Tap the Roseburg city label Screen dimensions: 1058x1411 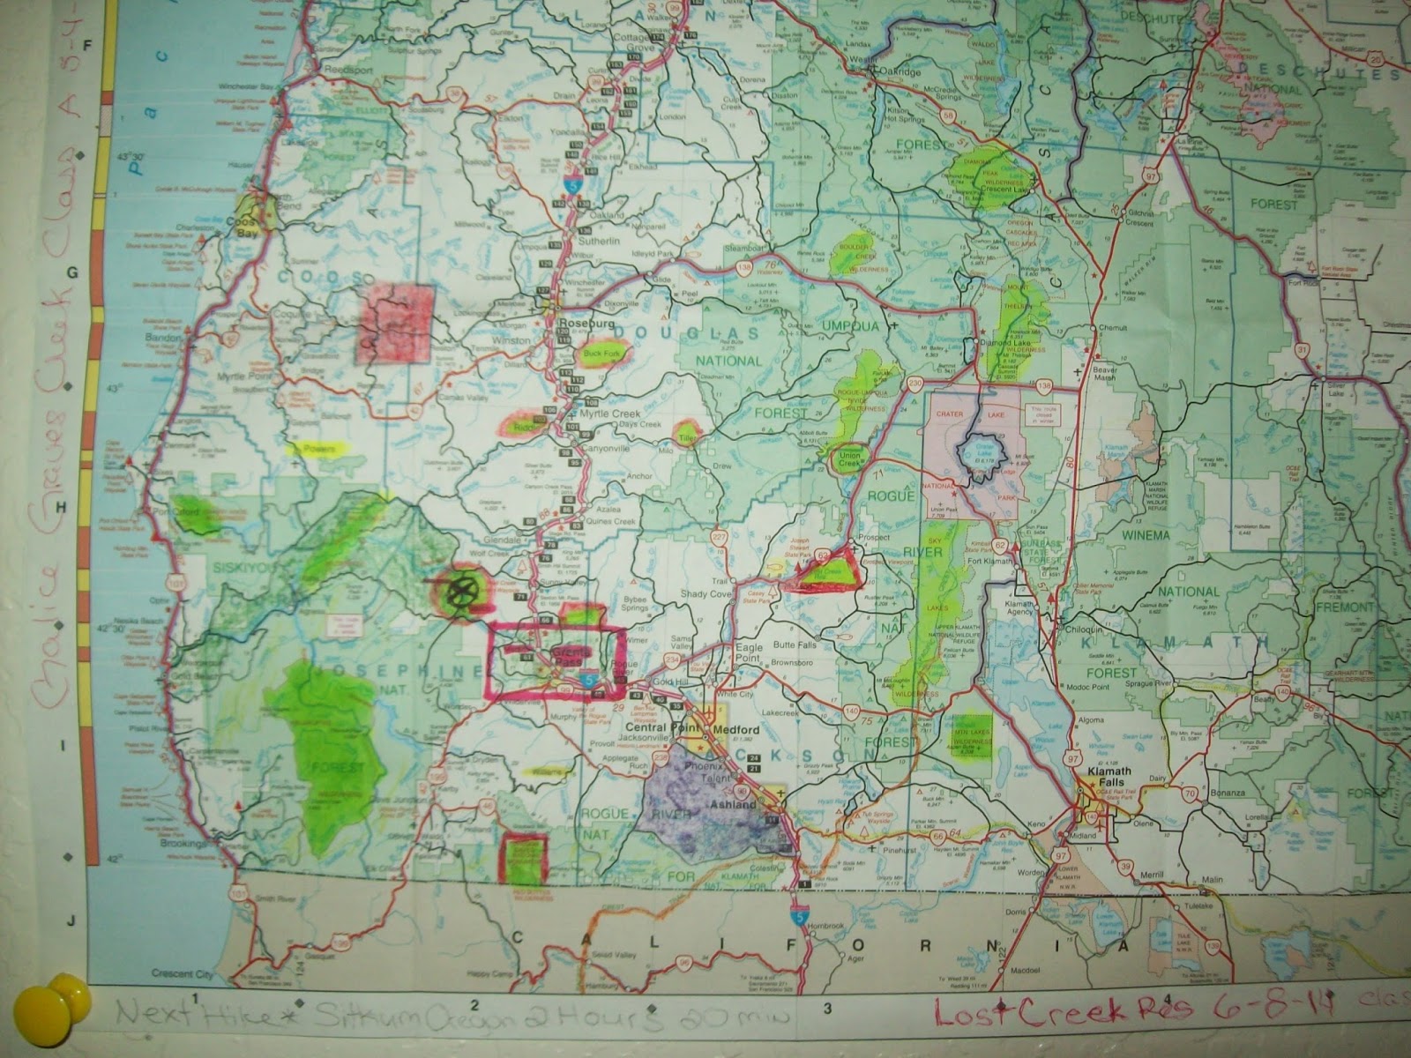(x=579, y=324)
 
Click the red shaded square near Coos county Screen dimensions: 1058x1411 (x=395, y=324)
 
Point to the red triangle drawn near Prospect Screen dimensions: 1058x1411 (x=826, y=570)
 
